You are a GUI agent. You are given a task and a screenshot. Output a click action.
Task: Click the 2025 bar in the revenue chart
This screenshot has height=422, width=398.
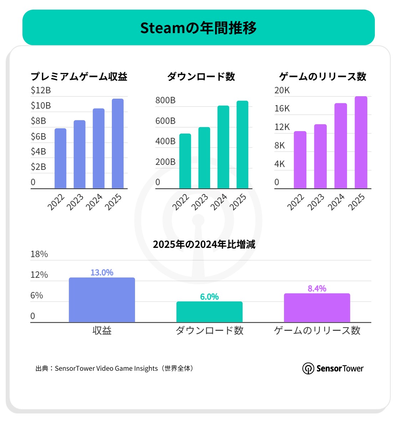coord(118,144)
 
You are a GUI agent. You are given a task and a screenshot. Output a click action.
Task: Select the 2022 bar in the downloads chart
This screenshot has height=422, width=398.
coord(185,161)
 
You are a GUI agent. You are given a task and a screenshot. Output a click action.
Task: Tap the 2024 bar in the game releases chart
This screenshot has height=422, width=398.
coord(341,146)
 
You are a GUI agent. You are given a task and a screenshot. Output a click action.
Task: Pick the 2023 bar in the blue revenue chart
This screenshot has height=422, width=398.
coord(79,154)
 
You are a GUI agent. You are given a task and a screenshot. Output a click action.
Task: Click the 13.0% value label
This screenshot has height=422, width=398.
coord(102,272)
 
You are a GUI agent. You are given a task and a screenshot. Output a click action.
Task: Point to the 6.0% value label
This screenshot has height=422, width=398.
coord(209,297)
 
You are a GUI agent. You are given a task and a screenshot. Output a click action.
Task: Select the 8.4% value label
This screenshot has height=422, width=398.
coord(317,288)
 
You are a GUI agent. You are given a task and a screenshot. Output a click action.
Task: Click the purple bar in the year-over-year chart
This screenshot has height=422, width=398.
coord(317,308)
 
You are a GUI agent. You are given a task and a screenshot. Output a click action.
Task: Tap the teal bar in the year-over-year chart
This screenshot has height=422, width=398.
coord(209,312)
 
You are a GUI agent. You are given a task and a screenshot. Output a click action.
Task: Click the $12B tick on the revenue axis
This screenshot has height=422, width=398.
coord(41,90)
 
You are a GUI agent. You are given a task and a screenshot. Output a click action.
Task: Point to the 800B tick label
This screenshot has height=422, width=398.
coord(165,100)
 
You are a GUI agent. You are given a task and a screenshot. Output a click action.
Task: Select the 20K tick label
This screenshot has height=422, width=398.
coord(282,90)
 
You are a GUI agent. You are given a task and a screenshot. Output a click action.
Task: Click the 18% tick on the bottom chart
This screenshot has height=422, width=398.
coord(39,254)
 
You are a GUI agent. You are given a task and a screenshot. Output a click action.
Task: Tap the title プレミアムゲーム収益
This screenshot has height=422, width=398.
coord(79,77)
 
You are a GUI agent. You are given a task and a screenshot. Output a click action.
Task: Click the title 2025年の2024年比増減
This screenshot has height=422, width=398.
coord(204,244)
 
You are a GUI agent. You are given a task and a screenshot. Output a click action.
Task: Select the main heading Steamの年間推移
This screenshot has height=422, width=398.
coord(198,28)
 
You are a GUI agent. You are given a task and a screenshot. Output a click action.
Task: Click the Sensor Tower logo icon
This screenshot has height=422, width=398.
coord(308,369)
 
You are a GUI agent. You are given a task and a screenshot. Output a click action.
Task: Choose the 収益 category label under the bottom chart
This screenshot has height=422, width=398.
coord(102,330)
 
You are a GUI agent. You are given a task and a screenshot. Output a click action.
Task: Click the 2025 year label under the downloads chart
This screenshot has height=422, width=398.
coord(238,202)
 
